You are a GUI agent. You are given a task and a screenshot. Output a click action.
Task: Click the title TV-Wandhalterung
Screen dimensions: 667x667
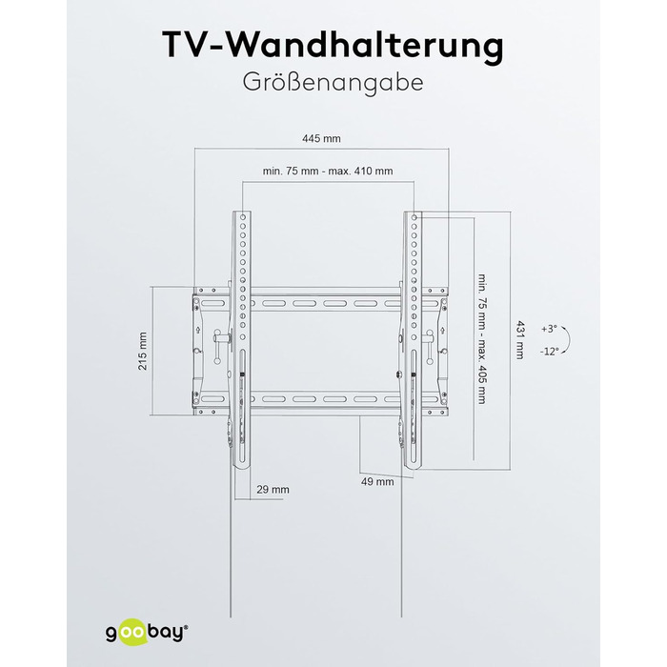[333, 45]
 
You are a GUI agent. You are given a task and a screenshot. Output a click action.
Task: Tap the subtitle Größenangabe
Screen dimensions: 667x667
[333, 83]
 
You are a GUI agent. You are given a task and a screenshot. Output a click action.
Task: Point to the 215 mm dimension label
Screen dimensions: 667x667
[142, 352]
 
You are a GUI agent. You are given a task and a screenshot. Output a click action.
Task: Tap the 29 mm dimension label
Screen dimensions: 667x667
[273, 489]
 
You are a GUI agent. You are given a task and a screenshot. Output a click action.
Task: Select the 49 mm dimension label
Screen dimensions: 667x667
[377, 481]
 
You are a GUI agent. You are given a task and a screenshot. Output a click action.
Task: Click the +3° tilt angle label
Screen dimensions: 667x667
[549, 329]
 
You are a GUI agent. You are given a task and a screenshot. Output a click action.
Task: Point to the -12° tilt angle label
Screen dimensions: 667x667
[549, 352]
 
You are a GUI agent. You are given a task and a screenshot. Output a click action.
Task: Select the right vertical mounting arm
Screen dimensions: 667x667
[414, 333]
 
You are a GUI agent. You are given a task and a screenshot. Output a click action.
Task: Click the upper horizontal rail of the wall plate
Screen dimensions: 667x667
[324, 302]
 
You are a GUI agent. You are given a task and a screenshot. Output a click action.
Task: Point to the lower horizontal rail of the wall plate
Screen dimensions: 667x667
[324, 397]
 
